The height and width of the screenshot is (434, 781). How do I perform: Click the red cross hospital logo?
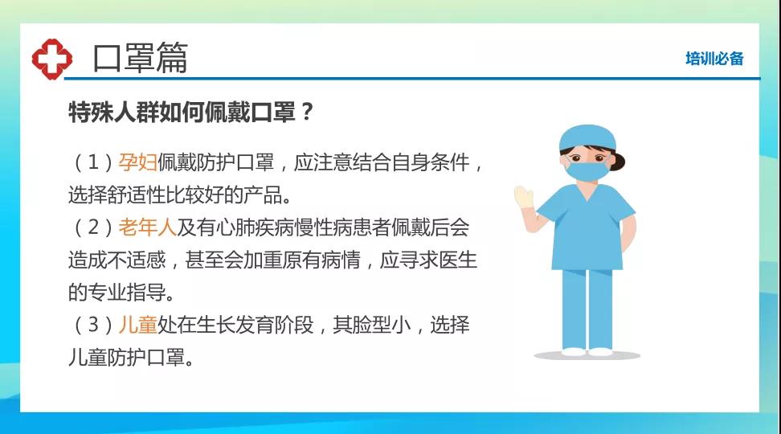coord(51,59)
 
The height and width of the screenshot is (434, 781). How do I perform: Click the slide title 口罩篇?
coord(140,58)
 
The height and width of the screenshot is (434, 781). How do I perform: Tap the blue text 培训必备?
coord(714,59)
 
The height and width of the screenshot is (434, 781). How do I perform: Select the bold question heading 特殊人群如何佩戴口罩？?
coord(191,112)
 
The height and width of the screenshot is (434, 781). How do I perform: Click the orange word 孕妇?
coord(137,162)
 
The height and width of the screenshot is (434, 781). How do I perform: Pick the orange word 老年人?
coord(147,227)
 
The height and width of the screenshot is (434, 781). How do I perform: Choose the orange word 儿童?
coord(137,325)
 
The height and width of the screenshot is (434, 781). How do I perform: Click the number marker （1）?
coord(93,162)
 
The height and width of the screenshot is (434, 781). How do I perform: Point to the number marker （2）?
coord(93,227)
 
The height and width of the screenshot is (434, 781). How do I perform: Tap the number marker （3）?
coord(93,325)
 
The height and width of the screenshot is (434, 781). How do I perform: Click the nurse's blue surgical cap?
coord(587,137)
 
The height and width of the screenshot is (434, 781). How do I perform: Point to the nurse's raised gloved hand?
coord(524,198)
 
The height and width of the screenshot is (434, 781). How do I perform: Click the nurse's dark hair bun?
coord(619,162)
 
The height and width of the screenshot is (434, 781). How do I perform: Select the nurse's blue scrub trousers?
coord(587,309)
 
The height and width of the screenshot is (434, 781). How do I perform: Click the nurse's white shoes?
coord(587,352)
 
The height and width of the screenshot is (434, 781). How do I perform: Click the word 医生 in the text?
coord(458,260)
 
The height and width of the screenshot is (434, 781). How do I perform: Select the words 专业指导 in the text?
coord(127,292)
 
